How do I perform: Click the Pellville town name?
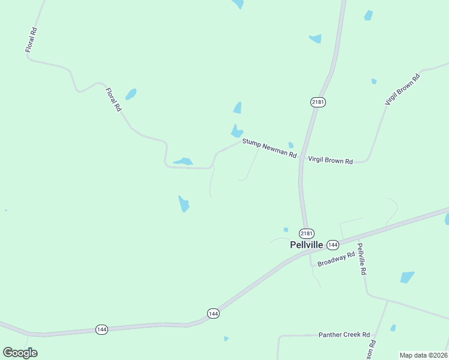pyautogui.click(x=306, y=245)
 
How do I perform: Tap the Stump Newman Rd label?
pyautogui.click(x=270, y=148)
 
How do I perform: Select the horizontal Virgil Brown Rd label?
pyautogui.click(x=330, y=160)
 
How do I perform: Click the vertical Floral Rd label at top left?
pyautogui.click(x=31, y=40)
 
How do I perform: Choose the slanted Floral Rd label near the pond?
pyautogui.click(x=113, y=100)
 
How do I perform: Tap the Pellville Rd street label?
pyautogui.click(x=361, y=259)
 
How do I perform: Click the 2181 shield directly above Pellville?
pyautogui.click(x=307, y=233)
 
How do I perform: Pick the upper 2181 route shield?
pyautogui.click(x=318, y=102)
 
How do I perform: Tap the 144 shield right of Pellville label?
pyautogui.click(x=333, y=245)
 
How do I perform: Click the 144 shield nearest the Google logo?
pyautogui.click(x=102, y=329)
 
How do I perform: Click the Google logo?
pyautogui.click(x=20, y=353)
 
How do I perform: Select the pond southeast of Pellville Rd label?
pyautogui.click(x=408, y=277)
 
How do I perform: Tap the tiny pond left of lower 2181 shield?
pyautogui.click(x=286, y=229)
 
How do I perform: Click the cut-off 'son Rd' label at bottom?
pyautogui.click(x=373, y=350)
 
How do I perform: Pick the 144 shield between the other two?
pyautogui.click(x=213, y=313)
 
